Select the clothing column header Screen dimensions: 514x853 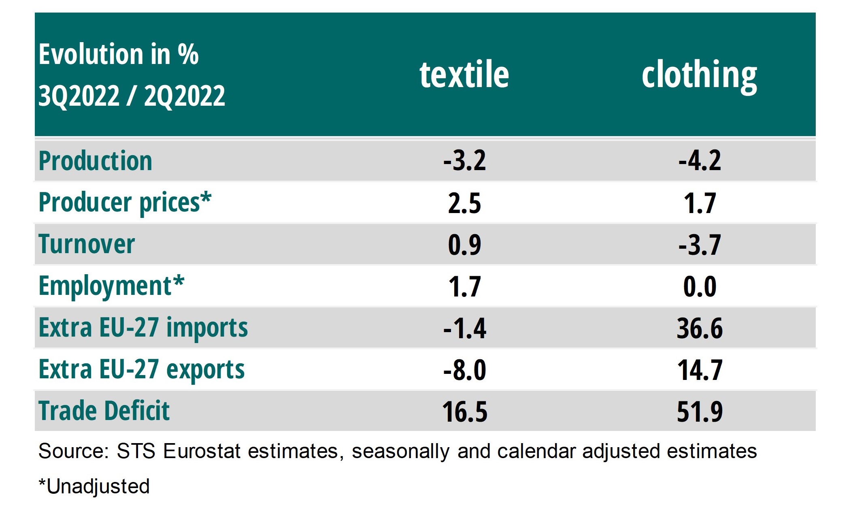[699, 75]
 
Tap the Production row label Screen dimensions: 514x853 [95, 161]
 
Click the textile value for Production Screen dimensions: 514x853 [464, 161]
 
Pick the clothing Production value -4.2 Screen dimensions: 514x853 [700, 161]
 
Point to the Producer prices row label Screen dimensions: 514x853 [125, 203]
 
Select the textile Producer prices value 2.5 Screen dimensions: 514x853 [464, 203]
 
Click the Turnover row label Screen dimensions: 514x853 [87, 244]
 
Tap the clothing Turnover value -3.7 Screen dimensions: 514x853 [700, 245]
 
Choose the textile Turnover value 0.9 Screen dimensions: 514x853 [464, 245]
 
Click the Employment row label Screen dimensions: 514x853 [111, 286]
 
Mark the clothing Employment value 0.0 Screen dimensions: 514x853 [700, 287]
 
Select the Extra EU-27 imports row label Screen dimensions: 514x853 [143, 328]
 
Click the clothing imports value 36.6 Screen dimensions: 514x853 [700, 328]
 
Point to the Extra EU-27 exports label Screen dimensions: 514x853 [141, 369]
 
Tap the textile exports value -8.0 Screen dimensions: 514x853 [464, 370]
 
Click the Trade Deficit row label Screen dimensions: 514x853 [104, 411]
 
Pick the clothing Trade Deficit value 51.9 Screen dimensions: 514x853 [700, 412]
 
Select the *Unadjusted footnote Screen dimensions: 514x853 [94, 486]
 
